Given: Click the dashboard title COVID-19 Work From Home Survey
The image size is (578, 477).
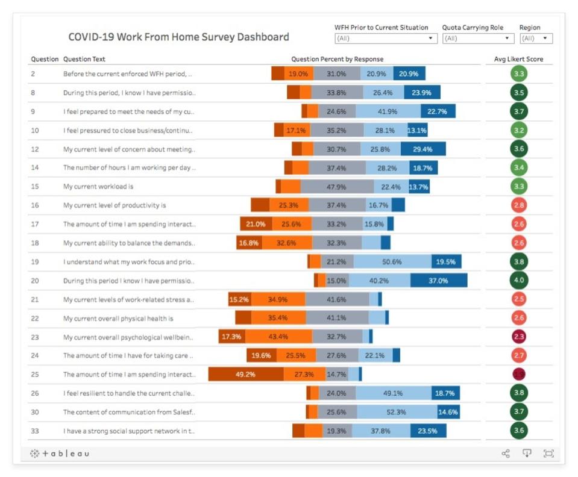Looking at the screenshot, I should (178, 37).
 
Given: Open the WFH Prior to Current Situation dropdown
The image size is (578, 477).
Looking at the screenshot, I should (386, 39).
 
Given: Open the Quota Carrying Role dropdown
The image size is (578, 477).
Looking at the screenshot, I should (477, 39).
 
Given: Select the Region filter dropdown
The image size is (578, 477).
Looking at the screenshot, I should (536, 39).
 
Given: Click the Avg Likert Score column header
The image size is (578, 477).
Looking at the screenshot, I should (518, 59).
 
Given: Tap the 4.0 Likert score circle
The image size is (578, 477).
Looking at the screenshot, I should (518, 280).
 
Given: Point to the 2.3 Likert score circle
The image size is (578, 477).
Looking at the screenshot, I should (518, 337).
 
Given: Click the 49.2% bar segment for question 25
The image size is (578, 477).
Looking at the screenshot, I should (246, 374).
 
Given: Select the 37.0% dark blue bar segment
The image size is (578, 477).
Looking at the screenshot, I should (439, 280).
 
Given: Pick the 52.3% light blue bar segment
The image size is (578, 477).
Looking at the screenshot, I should (397, 412).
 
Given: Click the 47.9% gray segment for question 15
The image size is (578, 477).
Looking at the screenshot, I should (336, 187).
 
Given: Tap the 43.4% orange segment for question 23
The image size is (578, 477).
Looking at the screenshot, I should (278, 337).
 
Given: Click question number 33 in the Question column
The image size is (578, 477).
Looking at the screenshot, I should (35, 431).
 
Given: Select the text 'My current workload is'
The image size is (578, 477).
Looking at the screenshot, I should (98, 187).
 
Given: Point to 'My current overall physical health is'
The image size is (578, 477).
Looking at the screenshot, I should (118, 318).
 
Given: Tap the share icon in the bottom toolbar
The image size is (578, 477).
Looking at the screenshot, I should (506, 454).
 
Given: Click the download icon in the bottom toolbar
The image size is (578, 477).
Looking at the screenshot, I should (527, 454).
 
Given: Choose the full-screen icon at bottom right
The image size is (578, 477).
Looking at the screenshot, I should (548, 454).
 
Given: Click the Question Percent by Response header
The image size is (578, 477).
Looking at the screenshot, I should (337, 59).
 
